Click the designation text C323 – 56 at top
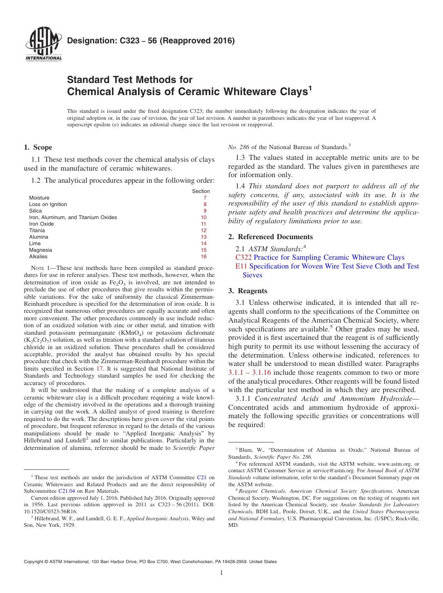pos(151,41)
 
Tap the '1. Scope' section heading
pos(38,147)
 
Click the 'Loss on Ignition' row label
pos(48,204)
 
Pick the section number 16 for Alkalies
pos(203,256)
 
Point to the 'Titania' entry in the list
pos(37,230)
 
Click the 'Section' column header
pos(201,191)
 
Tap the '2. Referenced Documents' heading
pos(270,237)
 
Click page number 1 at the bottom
pos(221,573)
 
